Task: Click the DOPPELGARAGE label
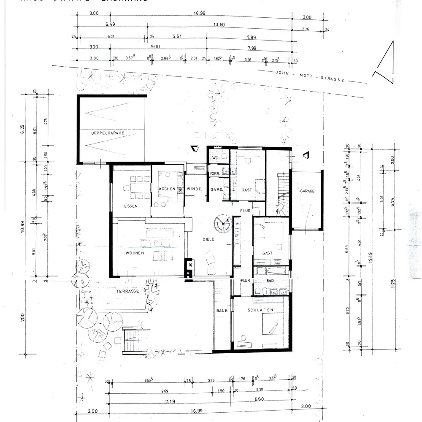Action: pos(108,133)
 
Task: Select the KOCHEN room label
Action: pos(167,189)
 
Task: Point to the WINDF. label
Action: pos(195,189)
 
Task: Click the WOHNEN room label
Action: pos(135,253)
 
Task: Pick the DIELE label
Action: pos(208,239)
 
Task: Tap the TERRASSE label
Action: pos(128,292)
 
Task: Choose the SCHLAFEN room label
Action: pos(261,310)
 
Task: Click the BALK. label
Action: pos(222,311)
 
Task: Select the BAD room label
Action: pos(271,281)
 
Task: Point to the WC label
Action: pos(215,158)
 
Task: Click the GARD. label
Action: pos(216,189)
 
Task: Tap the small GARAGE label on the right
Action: pos(307,191)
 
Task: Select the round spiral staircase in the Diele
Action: pos(222,224)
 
